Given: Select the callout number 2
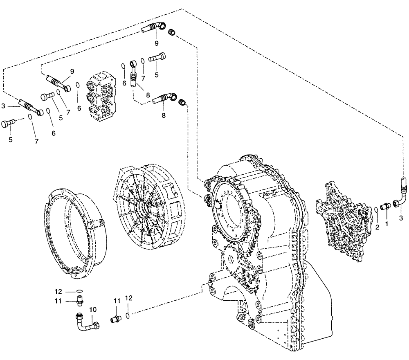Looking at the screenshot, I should point(377,226).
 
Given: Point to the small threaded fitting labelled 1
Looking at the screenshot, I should point(385,207).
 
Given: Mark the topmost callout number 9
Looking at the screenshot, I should point(156,43).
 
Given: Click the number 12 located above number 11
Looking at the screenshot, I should point(59,292).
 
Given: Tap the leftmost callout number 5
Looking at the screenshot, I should point(11,140).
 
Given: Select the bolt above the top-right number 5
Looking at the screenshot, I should point(157,58).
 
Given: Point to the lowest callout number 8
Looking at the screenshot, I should point(164,115).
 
